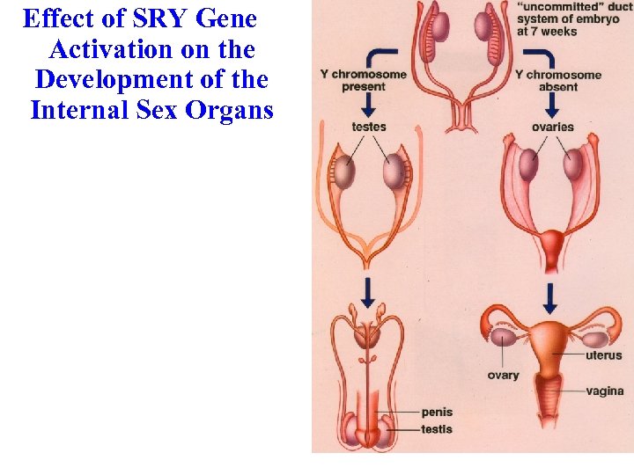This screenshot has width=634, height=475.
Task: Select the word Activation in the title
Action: click(105, 48)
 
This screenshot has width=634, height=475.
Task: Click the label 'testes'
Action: click(368, 128)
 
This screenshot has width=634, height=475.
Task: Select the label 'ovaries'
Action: click(552, 128)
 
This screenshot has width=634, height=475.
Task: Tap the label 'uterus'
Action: click(604, 355)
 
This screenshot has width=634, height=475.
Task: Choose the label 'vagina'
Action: click(604, 391)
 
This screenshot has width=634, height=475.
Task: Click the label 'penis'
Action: click(437, 412)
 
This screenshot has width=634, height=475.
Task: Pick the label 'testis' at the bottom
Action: click(437, 428)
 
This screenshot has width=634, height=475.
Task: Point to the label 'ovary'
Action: click(503, 376)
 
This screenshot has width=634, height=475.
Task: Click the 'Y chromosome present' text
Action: click(363, 80)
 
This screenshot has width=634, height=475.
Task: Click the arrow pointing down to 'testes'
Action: click(369, 101)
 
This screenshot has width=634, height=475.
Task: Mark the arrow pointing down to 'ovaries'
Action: click(552, 101)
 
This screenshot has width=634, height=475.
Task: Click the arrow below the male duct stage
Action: click(367, 289)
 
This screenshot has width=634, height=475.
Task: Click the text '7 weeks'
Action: click(555, 33)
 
